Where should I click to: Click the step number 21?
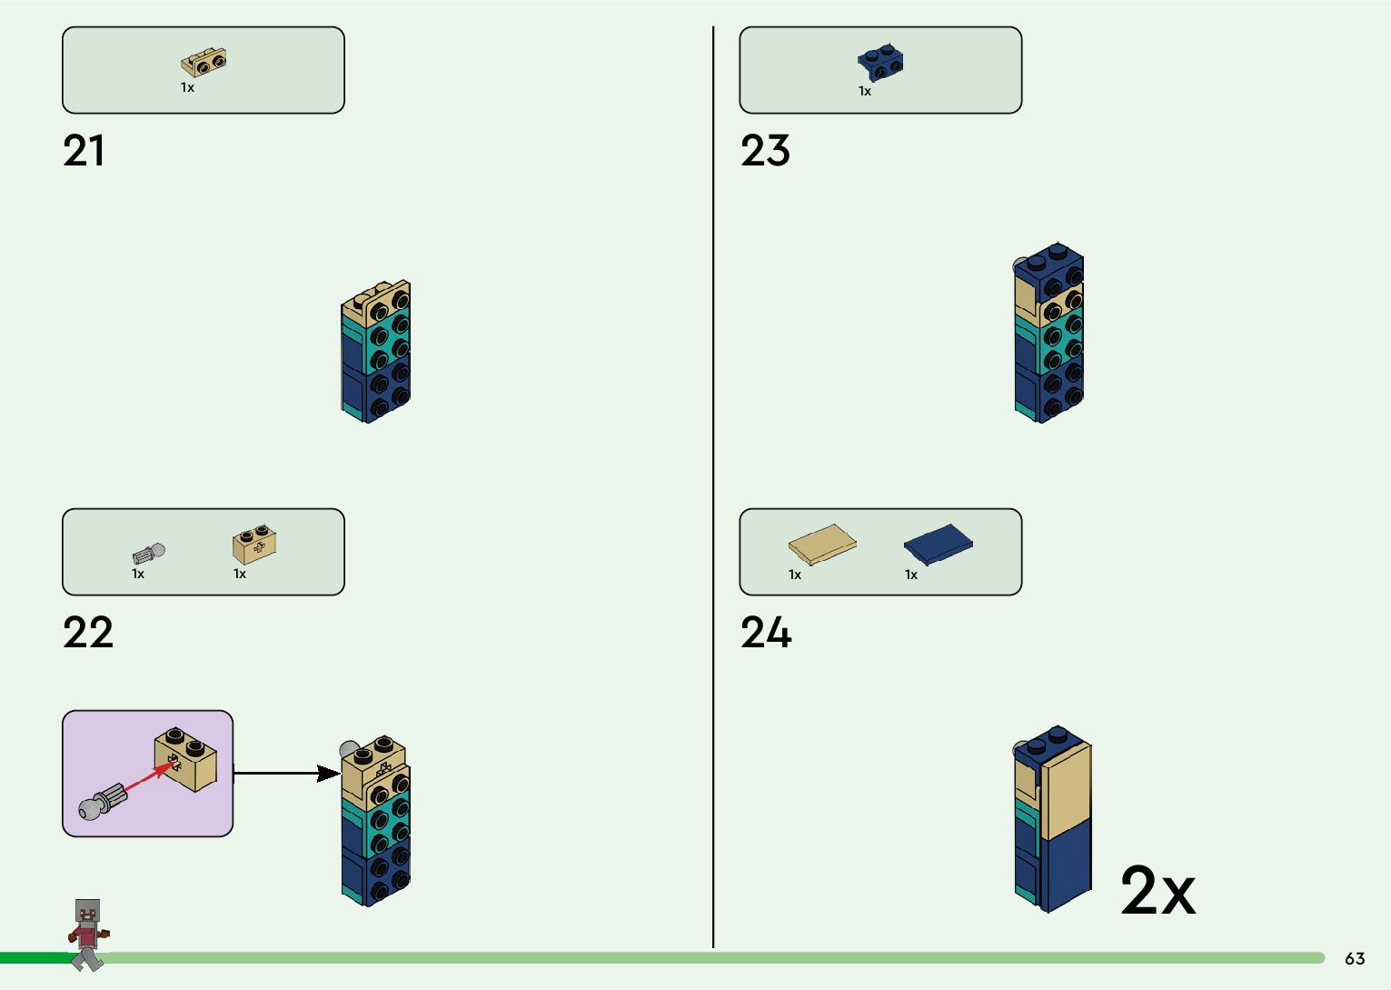click(x=84, y=151)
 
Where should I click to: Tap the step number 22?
click(x=88, y=633)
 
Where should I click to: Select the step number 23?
click(x=765, y=151)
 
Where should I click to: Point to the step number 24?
click(x=766, y=633)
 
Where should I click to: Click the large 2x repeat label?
click(x=1158, y=891)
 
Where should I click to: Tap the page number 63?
click(x=1355, y=959)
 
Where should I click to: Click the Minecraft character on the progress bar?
click(x=88, y=934)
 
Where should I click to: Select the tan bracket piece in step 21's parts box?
click(x=204, y=63)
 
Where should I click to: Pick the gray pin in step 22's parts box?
click(x=149, y=553)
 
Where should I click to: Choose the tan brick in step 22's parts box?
click(x=254, y=545)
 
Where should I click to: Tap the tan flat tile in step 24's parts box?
click(x=821, y=545)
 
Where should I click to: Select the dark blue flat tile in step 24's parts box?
click(x=939, y=545)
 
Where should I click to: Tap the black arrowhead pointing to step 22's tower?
click(x=329, y=774)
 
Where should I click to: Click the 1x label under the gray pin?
click(x=138, y=574)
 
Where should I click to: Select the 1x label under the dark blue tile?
click(x=911, y=575)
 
